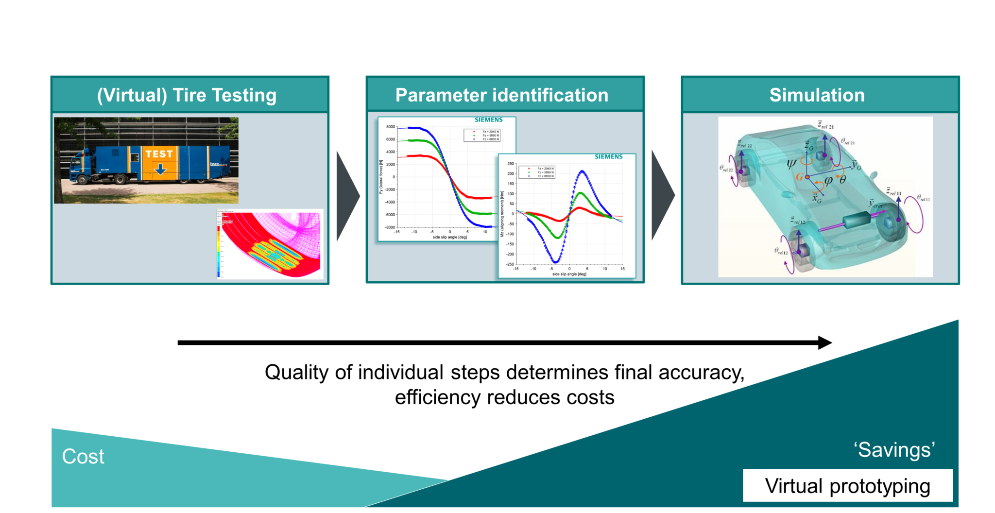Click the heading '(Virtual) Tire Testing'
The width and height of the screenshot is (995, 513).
click(x=187, y=95)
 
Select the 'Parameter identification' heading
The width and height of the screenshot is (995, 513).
click(x=502, y=95)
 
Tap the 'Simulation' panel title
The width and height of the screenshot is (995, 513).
click(x=817, y=95)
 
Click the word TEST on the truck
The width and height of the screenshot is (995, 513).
click(x=159, y=154)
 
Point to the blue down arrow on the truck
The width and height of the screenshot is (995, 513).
click(x=160, y=169)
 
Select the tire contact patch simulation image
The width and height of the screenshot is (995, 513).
click(x=270, y=244)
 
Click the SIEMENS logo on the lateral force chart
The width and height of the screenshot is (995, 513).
click(x=488, y=120)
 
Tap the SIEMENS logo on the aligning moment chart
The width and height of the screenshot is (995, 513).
click(x=608, y=156)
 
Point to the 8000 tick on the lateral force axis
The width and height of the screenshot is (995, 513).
click(x=391, y=127)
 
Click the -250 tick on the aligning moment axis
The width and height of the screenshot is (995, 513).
click(x=510, y=264)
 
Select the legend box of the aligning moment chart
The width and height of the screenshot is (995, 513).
click(x=537, y=172)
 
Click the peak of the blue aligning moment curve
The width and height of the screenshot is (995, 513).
click(x=583, y=171)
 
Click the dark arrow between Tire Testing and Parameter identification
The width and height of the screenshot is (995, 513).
click(x=347, y=196)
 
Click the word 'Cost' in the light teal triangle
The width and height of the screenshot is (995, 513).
click(x=83, y=457)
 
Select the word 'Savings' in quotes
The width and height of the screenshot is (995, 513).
click(x=894, y=450)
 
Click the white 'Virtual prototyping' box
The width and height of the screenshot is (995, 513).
click(x=847, y=486)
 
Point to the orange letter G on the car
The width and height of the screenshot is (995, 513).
click(x=799, y=177)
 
